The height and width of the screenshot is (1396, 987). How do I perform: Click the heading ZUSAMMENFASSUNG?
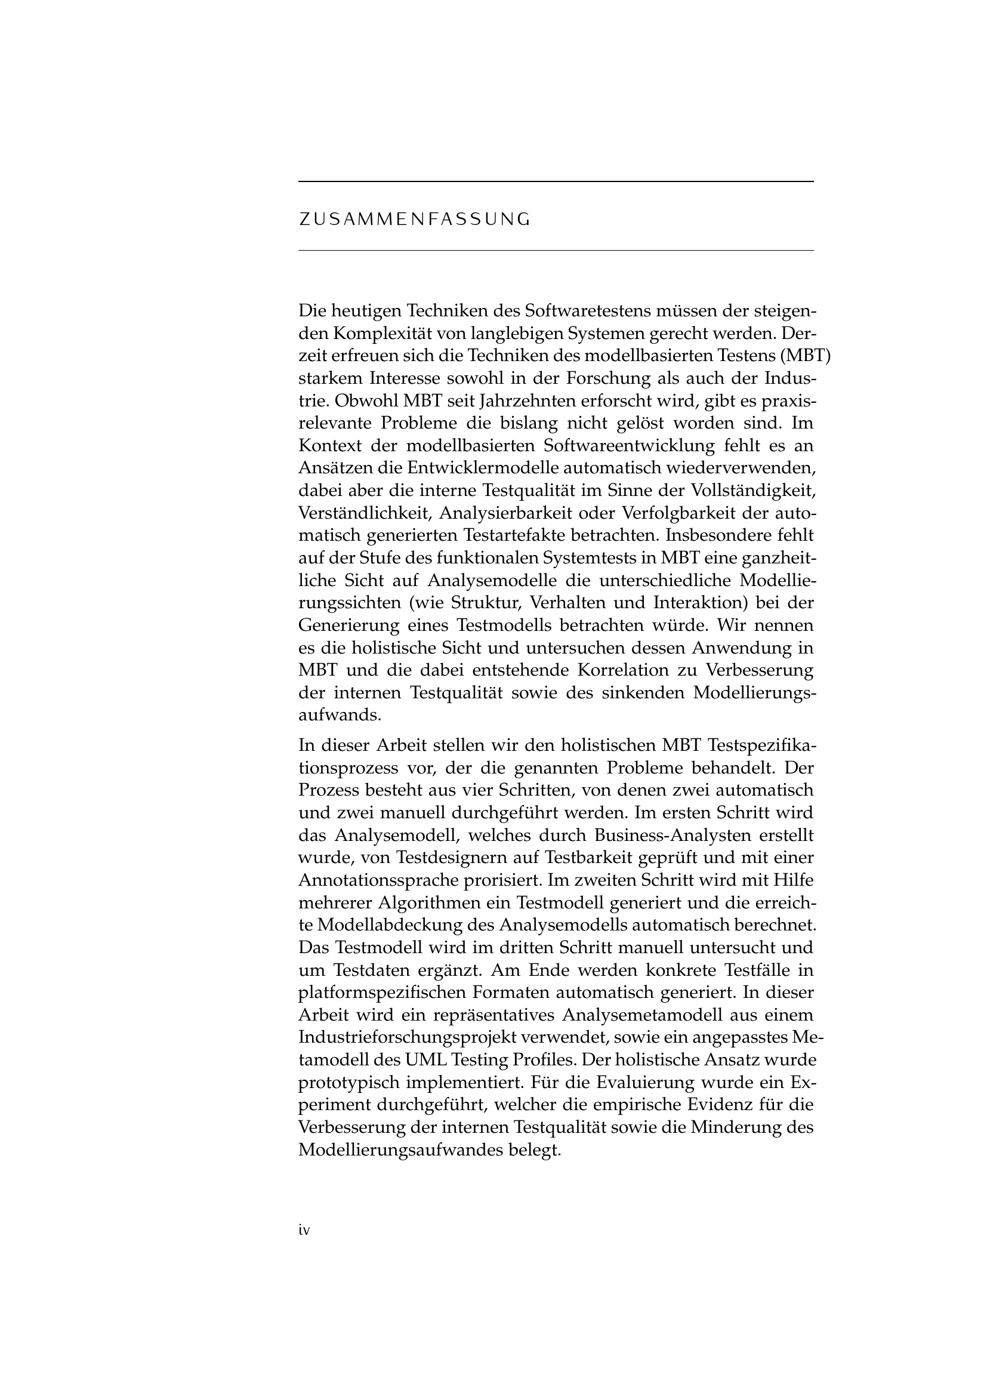point(415,220)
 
